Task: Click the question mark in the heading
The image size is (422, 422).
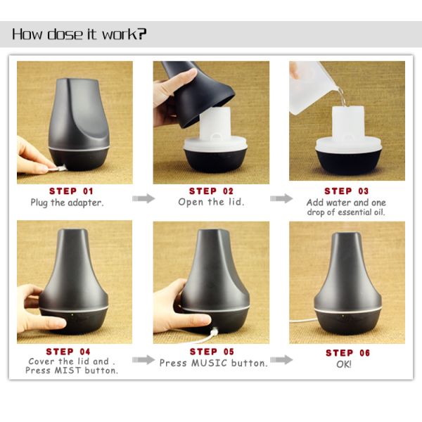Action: click(142, 34)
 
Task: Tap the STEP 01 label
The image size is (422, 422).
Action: click(71, 191)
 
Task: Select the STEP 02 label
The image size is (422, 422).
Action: click(211, 191)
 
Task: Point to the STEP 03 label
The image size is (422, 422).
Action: click(346, 191)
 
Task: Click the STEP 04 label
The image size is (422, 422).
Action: click(68, 352)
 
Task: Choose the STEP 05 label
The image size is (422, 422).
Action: click(212, 352)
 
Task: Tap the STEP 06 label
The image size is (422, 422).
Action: click(347, 352)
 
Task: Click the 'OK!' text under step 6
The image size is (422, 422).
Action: click(344, 364)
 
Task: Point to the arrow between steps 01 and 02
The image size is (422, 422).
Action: click(143, 198)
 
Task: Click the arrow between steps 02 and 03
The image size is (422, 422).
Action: click(281, 198)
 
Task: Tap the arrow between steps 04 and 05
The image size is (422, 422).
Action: click(143, 359)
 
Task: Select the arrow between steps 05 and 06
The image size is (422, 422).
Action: click(281, 359)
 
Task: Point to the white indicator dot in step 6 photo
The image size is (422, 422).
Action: click(343, 316)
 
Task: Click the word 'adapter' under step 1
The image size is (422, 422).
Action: click(86, 203)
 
